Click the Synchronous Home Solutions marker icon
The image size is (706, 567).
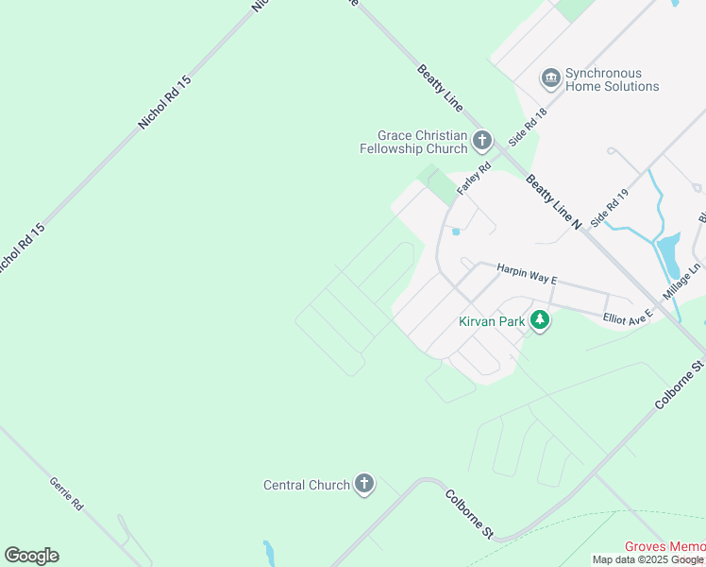click(x=550, y=79)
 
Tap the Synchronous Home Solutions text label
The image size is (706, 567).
click(x=612, y=80)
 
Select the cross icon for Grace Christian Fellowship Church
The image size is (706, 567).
click(x=481, y=142)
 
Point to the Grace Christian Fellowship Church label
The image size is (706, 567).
click(x=414, y=142)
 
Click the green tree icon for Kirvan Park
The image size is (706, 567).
click(x=540, y=321)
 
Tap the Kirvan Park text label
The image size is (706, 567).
click(x=491, y=321)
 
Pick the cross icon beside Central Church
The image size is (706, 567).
click(x=363, y=485)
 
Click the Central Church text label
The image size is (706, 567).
click(x=307, y=485)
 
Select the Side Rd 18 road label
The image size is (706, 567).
click(x=528, y=125)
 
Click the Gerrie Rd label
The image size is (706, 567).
click(x=66, y=494)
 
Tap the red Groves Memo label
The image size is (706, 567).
click(x=664, y=547)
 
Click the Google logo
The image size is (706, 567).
click(x=31, y=556)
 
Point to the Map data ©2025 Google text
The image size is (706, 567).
click(x=647, y=559)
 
